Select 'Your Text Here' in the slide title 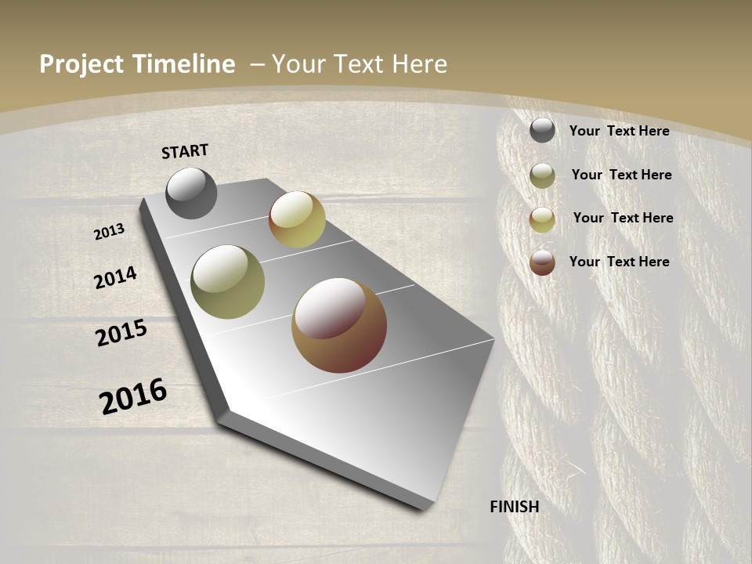coord(360,64)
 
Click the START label coord(185,151)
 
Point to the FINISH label coord(514,507)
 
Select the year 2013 coord(110,232)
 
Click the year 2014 coord(116,277)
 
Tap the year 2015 coord(121,333)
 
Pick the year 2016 coord(133,396)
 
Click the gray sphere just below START coord(191,193)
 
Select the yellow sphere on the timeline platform coord(297,219)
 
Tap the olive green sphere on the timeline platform coord(228,282)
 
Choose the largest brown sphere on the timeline coord(339,325)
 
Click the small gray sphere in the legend coord(542,130)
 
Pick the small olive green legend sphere coord(542,175)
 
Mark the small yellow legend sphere coord(542,219)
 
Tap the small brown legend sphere coord(542,262)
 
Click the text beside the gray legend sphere coord(619,131)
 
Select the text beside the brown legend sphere coord(619,262)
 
